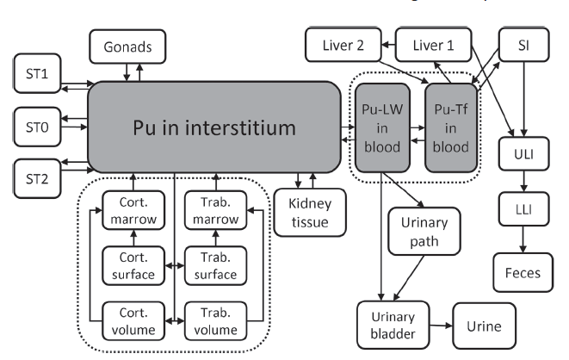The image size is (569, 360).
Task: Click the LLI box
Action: tap(518, 210)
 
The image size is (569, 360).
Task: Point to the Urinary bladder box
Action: tap(387, 324)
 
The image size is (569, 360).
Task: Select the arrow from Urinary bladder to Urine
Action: tap(434, 326)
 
